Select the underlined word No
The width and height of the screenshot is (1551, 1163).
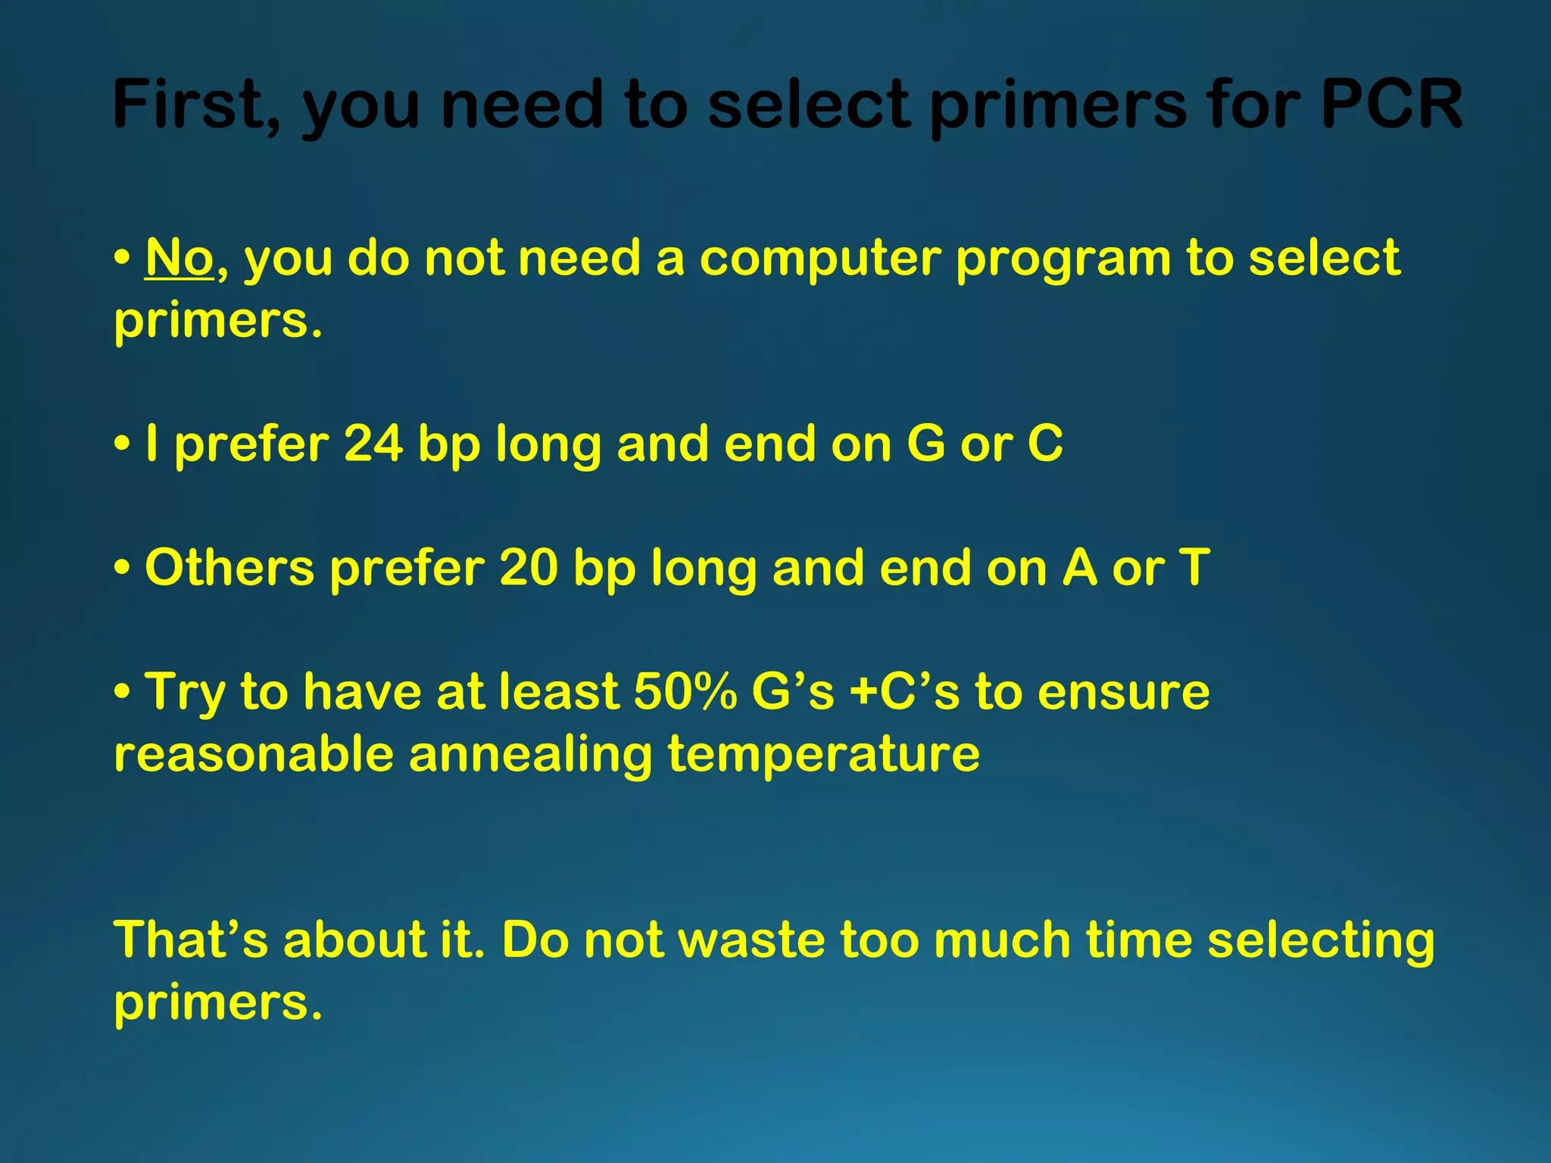coord(179,258)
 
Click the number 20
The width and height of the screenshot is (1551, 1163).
coord(529,567)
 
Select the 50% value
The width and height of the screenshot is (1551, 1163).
coord(685,691)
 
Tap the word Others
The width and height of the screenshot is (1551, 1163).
coord(229,567)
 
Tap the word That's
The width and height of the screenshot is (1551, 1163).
coord(191,940)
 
